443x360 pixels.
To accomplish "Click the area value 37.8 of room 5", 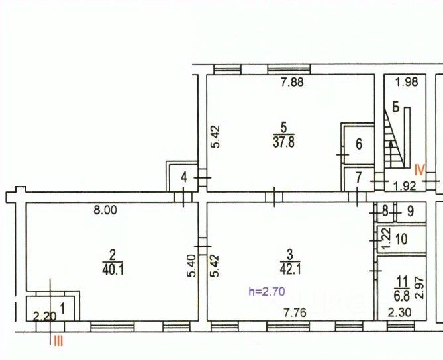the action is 283,142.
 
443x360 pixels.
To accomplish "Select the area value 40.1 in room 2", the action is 113,269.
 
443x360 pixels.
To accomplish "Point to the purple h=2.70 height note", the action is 267,291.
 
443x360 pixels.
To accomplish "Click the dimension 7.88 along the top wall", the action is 292,82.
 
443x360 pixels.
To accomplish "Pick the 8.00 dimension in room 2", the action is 105,210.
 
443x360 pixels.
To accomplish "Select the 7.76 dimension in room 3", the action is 295,313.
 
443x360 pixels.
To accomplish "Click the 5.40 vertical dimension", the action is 191,266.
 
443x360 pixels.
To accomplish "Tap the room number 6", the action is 359,144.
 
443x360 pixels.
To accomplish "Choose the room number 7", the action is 358,178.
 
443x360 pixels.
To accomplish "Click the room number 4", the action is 184,178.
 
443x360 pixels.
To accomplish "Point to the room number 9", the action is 411,211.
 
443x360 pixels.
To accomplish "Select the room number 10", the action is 401,239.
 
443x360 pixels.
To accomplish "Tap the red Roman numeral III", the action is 58,342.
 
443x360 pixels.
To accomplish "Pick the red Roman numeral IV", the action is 420,169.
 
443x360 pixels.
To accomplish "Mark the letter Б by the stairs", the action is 396,107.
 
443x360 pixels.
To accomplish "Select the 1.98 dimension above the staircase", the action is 407,82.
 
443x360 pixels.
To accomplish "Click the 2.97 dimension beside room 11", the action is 420,289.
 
